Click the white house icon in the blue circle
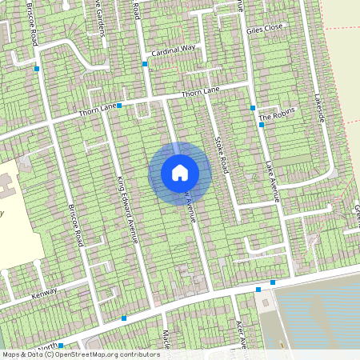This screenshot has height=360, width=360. coord(180,172)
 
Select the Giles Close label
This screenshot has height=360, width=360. coord(265,30)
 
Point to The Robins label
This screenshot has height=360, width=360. coord(277,115)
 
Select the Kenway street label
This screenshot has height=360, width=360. coord(46,294)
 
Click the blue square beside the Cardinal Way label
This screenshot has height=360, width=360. coord(145,64)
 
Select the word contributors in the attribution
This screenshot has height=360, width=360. coord(138,354)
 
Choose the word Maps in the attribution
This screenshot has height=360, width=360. coord(11,354)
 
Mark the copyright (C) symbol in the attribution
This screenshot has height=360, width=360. coord(49,354)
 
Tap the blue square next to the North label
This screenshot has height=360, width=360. coord(61,346)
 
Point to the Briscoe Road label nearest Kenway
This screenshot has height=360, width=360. coord(77,224)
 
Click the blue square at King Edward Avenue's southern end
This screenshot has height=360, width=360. coord(124,318)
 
